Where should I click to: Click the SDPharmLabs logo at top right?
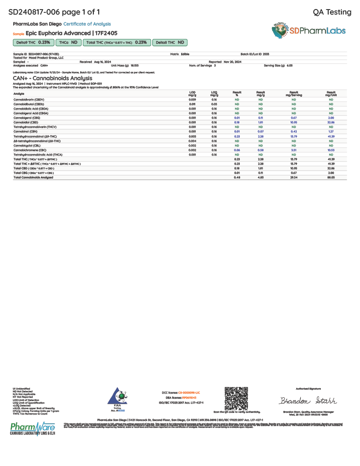(x=309, y=31)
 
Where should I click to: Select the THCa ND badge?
(x=68, y=42)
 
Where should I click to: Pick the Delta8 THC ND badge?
(x=170, y=42)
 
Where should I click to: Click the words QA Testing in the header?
(x=332, y=12)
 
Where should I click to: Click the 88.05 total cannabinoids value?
(x=331, y=177)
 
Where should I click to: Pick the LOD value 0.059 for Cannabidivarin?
(x=192, y=99)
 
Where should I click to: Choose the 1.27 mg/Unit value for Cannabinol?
(x=331, y=132)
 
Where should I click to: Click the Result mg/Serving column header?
(x=294, y=93)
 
